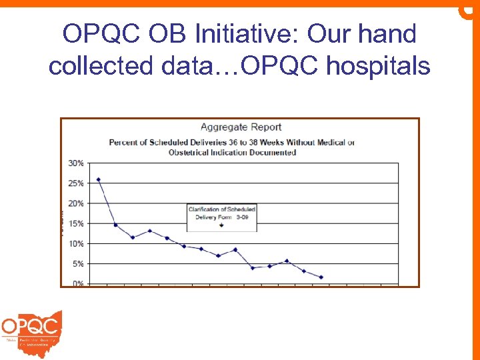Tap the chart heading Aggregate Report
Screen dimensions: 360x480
coord(241,127)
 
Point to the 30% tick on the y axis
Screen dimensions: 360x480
coord(76,163)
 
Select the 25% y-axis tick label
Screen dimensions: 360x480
coord(76,183)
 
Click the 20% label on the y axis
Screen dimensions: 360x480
coord(76,203)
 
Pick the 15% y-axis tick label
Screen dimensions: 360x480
coord(76,223)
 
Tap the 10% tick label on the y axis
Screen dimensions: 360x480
coord(76,244)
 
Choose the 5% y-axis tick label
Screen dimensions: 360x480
coord(78,264)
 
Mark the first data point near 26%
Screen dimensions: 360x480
coord(99,179)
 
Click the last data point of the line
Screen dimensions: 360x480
coord(321,277)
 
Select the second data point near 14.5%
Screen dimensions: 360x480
coord(116,225)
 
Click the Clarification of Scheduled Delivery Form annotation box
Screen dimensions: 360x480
coord(221,217)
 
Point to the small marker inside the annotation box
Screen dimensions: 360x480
coord(221,226)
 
